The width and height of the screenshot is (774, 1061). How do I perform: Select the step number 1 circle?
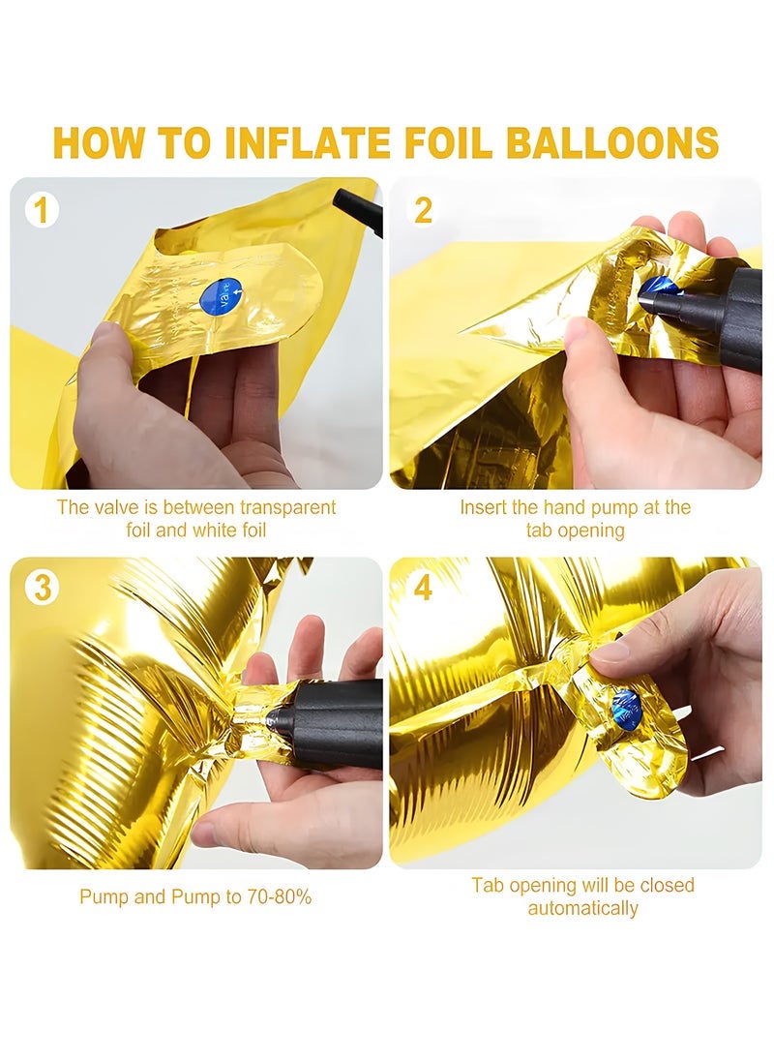[x=41, y=210]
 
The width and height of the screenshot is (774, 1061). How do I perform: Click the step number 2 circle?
[x=423, y=210]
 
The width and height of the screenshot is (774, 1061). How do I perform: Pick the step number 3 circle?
[x=41, y=588]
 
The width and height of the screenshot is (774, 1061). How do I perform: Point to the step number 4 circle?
[x=423, y=588]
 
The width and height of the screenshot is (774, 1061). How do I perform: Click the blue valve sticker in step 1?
[x=221, y=295]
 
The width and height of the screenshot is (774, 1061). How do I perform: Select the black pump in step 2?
[x=716, y=310]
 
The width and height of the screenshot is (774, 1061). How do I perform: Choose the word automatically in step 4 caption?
[x=582, y=909]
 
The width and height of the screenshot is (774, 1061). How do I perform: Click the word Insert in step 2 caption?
[x=481, y=506]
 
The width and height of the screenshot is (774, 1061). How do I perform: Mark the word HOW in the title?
[x=93, y=142]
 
